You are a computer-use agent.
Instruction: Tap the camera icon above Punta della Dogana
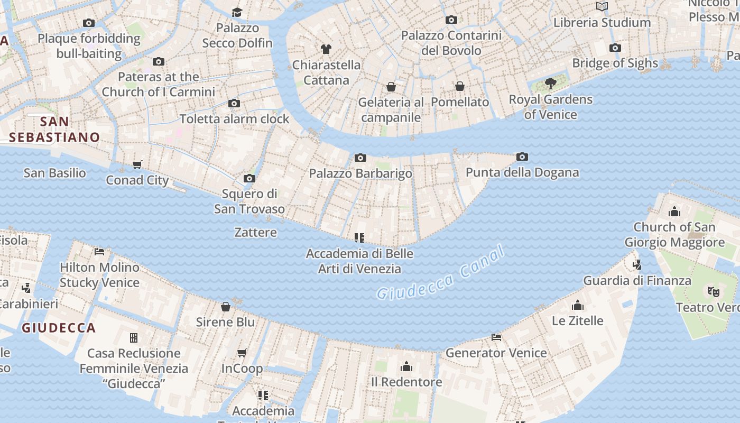point(522,157)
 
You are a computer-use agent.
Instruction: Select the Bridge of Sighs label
point(615,63)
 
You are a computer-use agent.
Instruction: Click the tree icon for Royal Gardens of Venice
point(550,83)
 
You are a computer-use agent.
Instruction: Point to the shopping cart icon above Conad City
point(137,164)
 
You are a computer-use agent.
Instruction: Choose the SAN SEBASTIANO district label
point(54,130)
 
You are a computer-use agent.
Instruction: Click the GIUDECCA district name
point(59,328)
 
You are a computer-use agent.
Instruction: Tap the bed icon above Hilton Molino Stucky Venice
point(99,251)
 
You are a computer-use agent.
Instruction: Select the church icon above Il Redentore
point(406,366)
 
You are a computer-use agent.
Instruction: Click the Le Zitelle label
point(577,321)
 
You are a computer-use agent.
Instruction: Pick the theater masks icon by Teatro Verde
point(713,291)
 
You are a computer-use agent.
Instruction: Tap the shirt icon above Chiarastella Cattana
point(326,49)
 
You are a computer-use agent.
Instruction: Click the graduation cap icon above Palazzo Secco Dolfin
point(237,12)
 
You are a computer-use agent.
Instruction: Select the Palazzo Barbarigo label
point(360,173)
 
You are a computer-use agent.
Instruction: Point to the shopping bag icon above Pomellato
point(460,86)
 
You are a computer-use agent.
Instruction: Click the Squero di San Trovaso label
point(249,201)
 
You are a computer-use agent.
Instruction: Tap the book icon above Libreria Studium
point(602,7)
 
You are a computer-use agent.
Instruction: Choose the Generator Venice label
point(496,353)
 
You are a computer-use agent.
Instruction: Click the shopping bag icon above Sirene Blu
point(225,306)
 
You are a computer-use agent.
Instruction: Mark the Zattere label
point(255,232)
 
